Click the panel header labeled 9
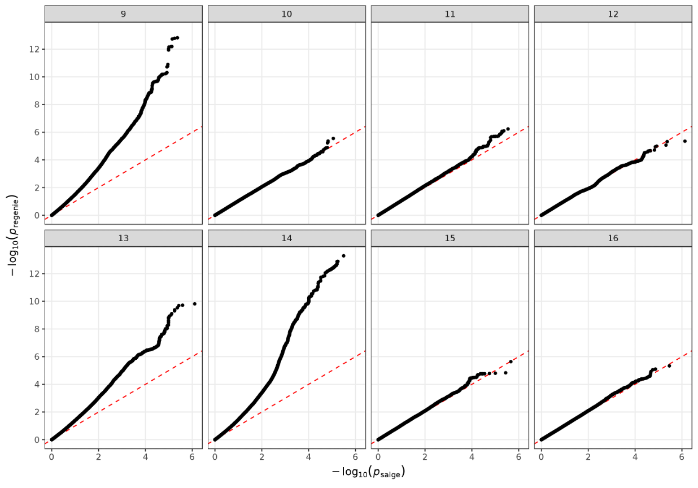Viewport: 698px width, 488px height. (x=123, y=14)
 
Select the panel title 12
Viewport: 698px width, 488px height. (x=613, y=14)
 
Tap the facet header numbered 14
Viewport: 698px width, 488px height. (x=286, y=238)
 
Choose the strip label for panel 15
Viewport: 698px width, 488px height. (x=450, y=238)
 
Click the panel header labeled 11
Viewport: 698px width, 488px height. (x=450, y=14)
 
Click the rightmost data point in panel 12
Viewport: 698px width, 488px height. (x=684, y=141)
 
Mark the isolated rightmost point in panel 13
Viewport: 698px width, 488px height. (x=195, y=304)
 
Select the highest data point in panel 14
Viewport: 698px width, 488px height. (x=343, y=256)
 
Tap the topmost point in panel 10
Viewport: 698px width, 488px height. (x=333, y=138)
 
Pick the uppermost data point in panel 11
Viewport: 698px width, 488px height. (x=508, y=129)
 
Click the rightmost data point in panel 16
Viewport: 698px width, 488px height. (x=669, y=366)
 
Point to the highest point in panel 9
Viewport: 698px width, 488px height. (x=177, y=38)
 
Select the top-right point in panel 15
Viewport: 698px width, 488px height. (x=511, y=361)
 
